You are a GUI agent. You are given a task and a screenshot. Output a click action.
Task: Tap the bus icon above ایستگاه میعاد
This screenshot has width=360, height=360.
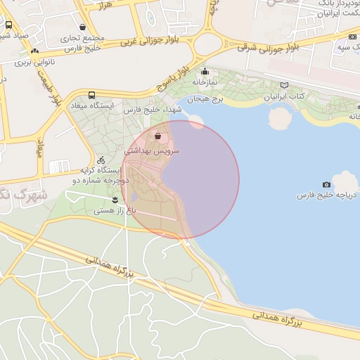91,95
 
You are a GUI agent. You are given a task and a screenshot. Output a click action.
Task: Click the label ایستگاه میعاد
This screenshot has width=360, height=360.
92,105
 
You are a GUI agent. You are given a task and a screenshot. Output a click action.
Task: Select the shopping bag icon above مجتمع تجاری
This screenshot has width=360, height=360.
83,27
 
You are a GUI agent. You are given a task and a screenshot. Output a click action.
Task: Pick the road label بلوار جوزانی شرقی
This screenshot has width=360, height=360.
268,47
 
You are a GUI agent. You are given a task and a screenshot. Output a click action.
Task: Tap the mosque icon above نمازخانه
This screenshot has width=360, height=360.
205,71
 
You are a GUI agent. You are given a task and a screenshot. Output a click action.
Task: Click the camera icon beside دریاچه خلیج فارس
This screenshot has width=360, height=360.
326,184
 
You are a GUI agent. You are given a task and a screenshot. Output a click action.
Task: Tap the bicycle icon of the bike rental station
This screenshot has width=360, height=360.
101,160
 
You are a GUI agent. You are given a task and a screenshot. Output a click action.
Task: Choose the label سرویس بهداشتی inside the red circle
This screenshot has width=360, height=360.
152,150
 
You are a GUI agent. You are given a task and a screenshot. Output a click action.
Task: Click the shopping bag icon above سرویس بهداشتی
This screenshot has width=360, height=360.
157,136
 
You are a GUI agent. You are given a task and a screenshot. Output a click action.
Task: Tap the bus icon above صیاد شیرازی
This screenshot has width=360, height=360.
8,25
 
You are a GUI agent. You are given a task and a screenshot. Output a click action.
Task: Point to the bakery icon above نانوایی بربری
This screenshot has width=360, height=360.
34,51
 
